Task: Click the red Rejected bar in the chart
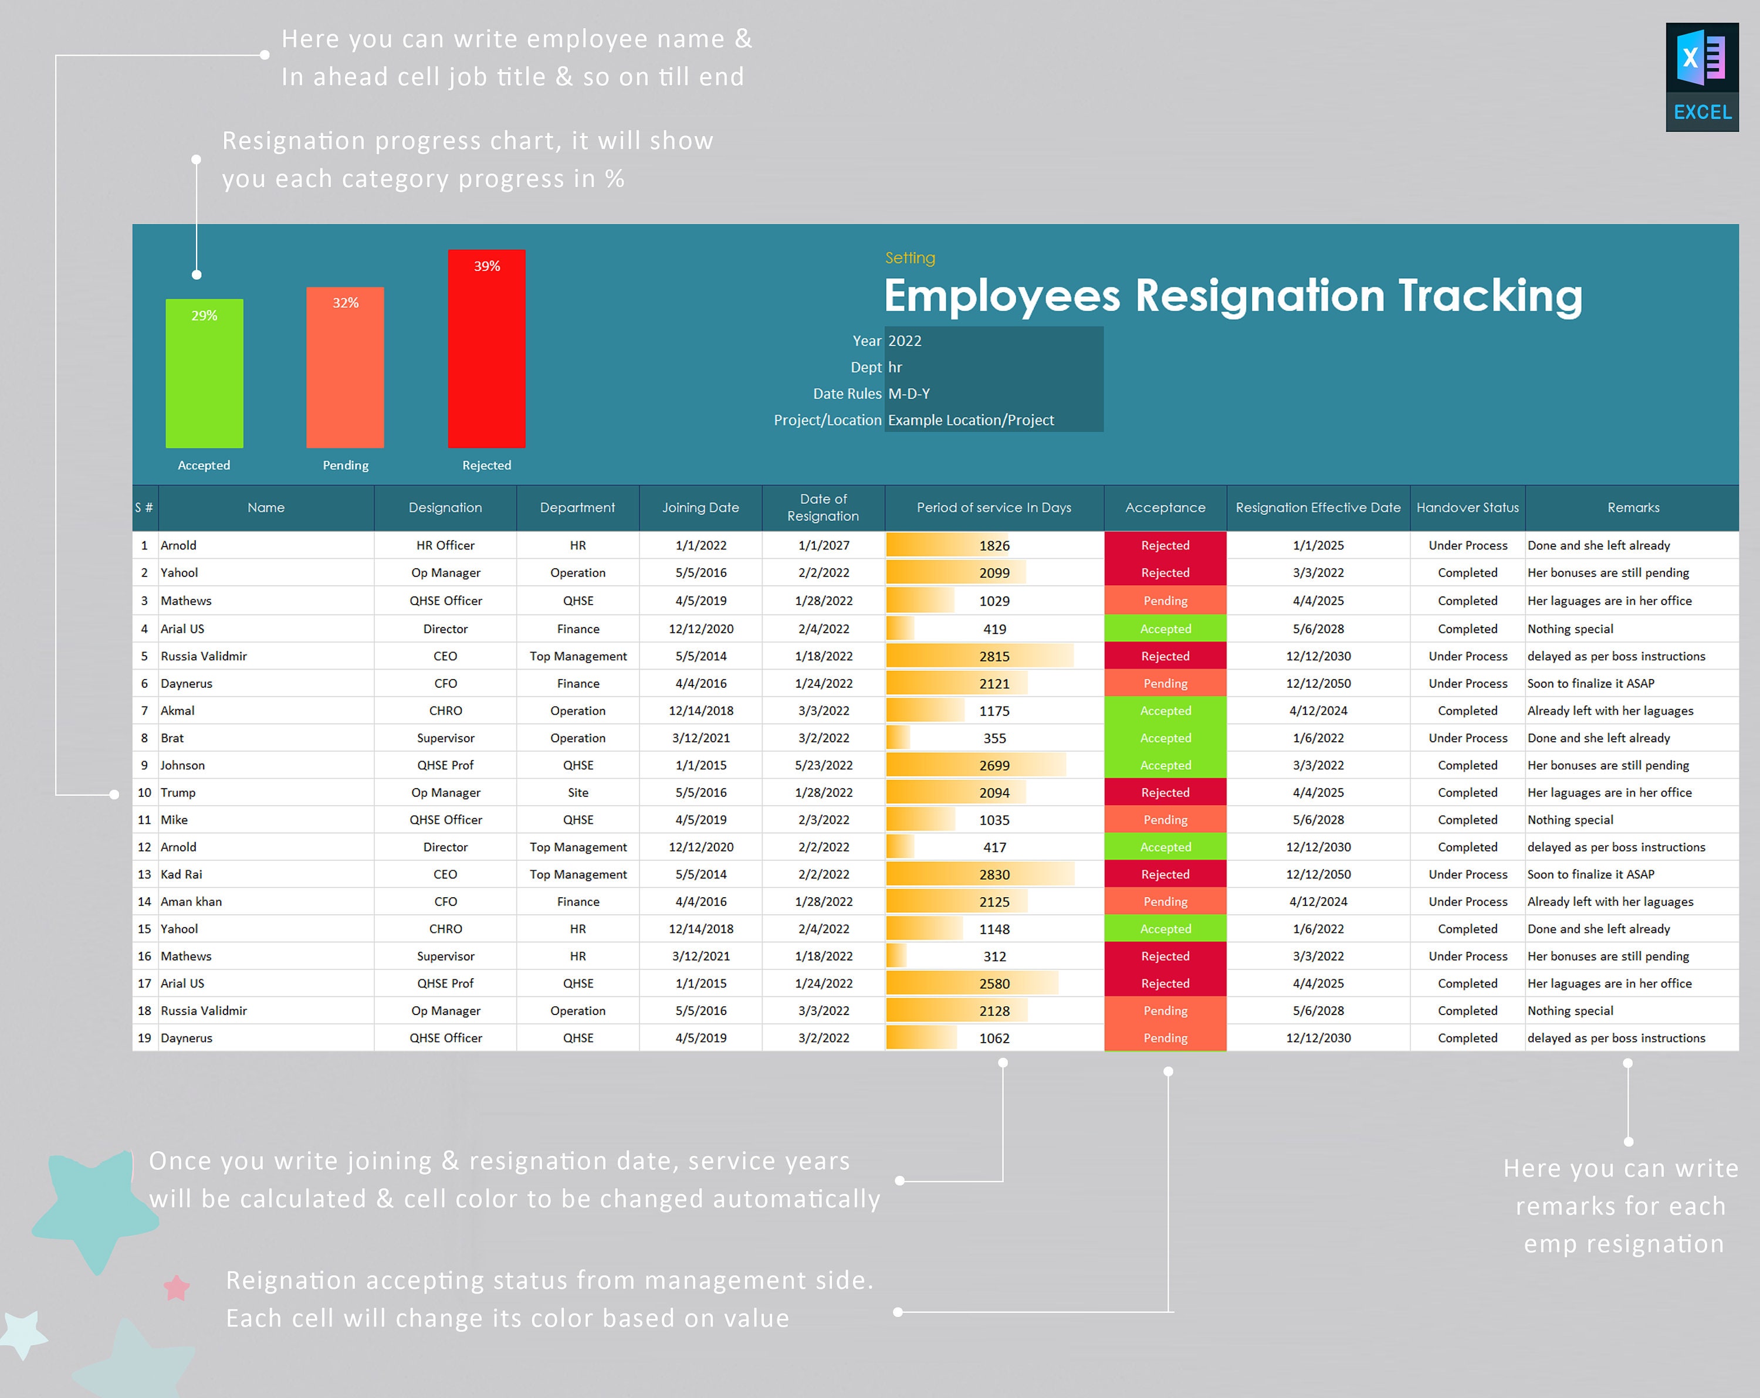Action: pos(486,349)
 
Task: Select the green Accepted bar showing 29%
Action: pos(204,374)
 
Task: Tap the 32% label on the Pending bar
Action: pos(346,303)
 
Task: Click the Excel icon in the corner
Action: pos(1702,77)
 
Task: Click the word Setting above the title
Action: pos(910,258)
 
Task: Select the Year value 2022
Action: pos(905,341)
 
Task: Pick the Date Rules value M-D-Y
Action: pos(909,393)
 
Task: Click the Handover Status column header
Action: pos(1467,508)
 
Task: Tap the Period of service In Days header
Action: pos(993,508)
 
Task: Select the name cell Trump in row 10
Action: pos(178,792)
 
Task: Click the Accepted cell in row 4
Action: pos(1165,629)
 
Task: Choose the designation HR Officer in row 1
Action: pos(445,545)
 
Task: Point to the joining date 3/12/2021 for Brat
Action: pos(700,738)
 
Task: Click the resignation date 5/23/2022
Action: pos(823,765)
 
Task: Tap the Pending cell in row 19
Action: pos(1165,1038)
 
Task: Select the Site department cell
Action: pos(578,792)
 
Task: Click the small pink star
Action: pos(177,1288)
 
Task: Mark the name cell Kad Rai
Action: pos(181,874)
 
